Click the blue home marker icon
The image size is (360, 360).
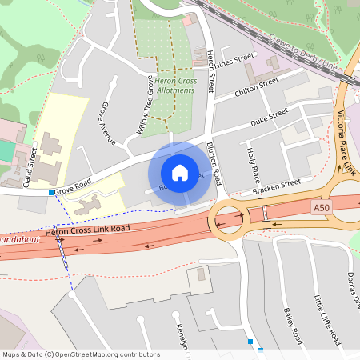pyautogui.click(x=180, y=173)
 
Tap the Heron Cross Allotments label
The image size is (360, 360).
pyautogui.click(x=175, y=86)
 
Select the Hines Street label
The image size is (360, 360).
pyautogui.click(x=234, y=60)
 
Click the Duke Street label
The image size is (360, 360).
pyautogui.click(x=268, y=117)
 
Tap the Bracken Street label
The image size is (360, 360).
pyautogui.click(x=275, y=186)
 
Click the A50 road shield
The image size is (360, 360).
pyautogui.click(x=321, y=206)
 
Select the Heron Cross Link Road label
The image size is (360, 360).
pyautogui.click(x=87, y=230)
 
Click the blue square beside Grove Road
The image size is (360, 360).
pyautogui.click(x=51, y=193)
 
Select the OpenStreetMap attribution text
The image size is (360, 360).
pyautogui.click(x=80, y=354)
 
